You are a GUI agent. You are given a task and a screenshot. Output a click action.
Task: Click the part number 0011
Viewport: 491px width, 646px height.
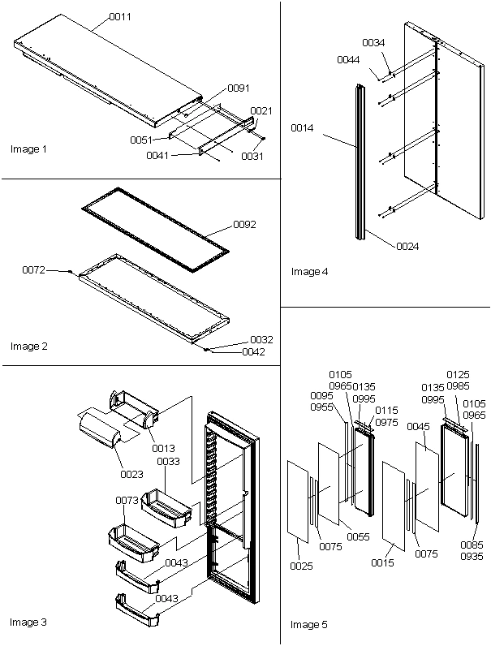click(120, 15)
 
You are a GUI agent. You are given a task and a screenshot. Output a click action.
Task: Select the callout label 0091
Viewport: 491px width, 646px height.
click(239, 88)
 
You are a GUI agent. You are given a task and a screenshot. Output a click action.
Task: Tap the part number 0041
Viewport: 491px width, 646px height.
click(157, 155)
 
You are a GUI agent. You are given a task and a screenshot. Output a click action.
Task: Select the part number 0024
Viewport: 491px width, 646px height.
click(407, 246)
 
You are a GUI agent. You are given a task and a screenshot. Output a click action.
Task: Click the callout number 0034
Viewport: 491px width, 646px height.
click(373, 42)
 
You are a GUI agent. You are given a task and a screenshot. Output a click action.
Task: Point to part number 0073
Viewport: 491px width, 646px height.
click(126, 501)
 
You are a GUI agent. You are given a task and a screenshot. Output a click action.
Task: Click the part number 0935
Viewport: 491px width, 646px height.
click(472, 557)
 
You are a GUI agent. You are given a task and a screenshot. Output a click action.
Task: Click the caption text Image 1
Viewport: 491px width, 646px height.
click(29, 149)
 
